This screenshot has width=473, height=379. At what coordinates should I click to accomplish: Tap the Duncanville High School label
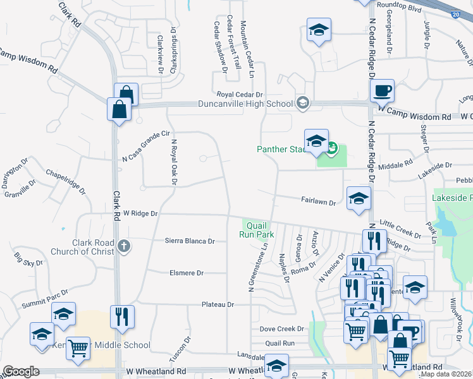(245, 104)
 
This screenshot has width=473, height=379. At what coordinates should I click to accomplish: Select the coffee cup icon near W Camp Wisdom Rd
(382, 91)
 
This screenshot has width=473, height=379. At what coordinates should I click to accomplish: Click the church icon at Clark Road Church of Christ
(124, 247)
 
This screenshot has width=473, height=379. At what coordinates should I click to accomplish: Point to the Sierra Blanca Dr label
(190, 241)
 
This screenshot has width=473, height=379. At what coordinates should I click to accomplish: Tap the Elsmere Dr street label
(186, 273)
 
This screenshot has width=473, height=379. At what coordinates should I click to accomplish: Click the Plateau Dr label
(218, 304)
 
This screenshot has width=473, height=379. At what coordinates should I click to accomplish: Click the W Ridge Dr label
(140, 214)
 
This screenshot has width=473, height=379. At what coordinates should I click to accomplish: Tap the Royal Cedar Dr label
(240, 94)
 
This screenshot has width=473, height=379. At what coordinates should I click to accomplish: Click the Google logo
(21, 371)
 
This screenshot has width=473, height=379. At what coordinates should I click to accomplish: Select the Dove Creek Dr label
(282, 329)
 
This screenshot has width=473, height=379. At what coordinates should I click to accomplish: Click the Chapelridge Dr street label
(66, 179)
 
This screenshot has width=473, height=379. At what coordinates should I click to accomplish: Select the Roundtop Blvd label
(398, 4)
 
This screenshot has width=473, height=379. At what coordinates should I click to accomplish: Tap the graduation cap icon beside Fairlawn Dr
(359, 198)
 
